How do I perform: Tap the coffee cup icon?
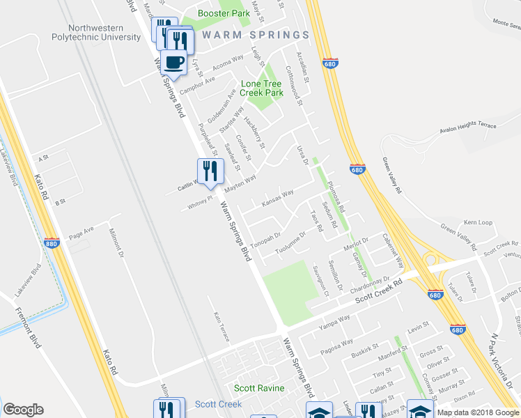[175, 63]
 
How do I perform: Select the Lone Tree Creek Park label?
[262, 88]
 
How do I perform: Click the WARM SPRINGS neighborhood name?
[255, 35]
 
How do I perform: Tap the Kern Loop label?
[478, 223]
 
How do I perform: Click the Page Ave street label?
[80, 231]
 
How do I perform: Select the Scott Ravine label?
[254, 388]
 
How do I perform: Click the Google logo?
[23, 410]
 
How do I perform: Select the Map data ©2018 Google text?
[479, 412]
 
